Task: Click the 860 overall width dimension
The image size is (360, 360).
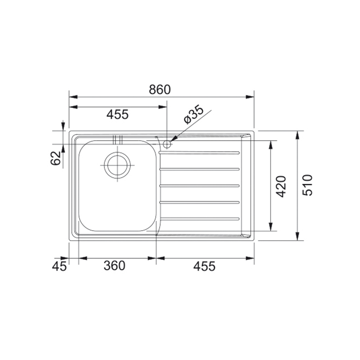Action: click(x=160, y=90)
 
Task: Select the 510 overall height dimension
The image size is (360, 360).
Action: click(x=307, y=185)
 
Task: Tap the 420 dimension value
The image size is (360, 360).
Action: click(x=281, y=186)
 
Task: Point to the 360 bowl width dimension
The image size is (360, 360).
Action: click(x=114, y=266)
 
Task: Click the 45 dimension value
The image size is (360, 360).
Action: click(x=59, y=266)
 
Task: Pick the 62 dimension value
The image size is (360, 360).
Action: click(x=55, y=158)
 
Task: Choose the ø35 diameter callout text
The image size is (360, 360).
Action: click(x=194, y=114)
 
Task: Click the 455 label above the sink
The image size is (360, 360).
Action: click(x=118, y=114)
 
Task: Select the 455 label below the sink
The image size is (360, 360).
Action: click(x=204, y=266)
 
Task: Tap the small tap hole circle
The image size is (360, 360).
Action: click(x=167, y=144)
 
